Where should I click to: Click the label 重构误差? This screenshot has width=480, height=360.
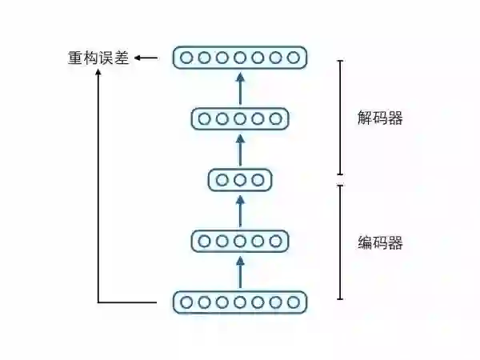coord(98,58)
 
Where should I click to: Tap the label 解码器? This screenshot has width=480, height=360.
coord(379,118)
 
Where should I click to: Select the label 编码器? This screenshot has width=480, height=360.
coord(379,242)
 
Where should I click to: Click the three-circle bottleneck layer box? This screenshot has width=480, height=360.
coord(240,180)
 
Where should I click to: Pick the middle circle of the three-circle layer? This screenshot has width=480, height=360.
coord(240,180)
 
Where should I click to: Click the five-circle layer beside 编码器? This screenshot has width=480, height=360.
coord(240,241)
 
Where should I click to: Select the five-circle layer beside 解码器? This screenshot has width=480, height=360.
coord(240,119)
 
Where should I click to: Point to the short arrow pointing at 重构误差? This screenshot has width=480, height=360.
coord(146,58)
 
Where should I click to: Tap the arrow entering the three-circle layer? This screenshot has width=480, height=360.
coord(240,210)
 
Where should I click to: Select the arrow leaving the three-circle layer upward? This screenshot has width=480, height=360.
coord(240,150)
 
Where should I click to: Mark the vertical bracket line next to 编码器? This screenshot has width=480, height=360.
coord(341,242)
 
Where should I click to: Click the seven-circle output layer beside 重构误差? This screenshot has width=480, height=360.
coord(240,58)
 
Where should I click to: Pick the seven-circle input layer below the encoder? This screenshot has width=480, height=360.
coord(240,302)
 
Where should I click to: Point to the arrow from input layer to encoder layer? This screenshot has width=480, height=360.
coord(240,271)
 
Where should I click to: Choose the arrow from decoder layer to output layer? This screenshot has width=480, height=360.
coord(240,88)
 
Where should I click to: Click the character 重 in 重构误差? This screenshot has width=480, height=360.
coord(74,58)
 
